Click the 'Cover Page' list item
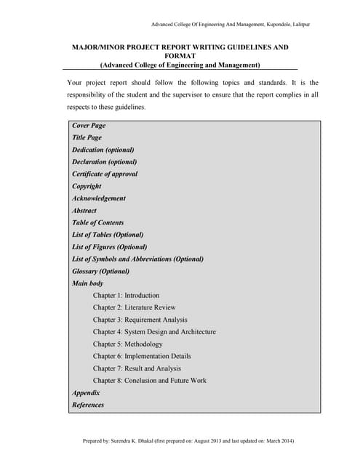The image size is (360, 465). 89,126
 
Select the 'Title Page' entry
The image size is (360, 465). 87,137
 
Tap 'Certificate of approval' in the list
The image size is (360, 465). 105,174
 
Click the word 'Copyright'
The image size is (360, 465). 87,186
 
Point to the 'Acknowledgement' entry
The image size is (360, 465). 99,198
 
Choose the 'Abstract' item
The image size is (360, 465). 84,211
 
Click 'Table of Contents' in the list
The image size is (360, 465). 98,222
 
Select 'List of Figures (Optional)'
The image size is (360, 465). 110,247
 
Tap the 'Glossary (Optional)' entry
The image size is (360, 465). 101,271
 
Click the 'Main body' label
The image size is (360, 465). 88,283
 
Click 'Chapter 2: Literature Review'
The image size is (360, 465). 135,307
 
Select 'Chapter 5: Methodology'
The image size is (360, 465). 128,344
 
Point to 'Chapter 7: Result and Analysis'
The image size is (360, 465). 138,368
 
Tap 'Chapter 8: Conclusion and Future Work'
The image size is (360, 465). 150,380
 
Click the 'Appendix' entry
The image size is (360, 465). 86,392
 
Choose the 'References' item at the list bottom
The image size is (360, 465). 88,405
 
